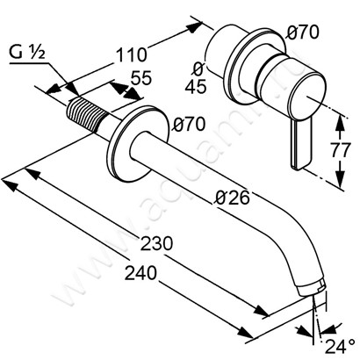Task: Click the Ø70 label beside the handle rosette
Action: tap(304, 32)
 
